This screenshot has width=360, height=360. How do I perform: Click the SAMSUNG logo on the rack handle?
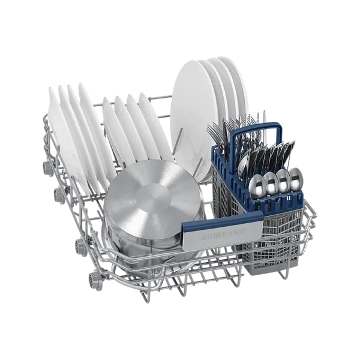tap(223, 233)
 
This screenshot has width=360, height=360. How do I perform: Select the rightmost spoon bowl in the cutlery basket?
tap(296, 177)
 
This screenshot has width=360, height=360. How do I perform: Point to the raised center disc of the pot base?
tap(154, 197)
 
